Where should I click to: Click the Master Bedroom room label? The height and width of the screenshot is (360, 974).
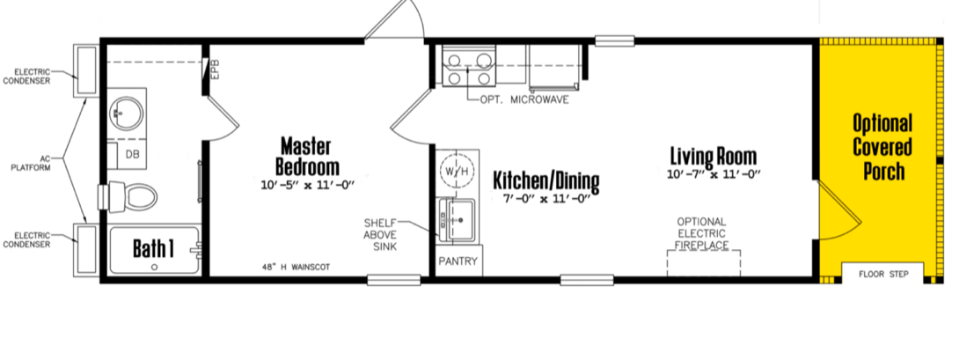click(307, 157)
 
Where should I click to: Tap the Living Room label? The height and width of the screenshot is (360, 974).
click(714, 156)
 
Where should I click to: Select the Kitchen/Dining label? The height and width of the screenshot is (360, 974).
click(546, 181)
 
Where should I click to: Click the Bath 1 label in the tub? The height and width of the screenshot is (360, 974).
click(153, 249)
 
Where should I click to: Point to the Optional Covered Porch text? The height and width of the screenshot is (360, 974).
click(882, 147)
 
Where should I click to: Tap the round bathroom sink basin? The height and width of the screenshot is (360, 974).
click(126, 114)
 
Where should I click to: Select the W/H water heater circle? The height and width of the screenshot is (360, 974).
click(458, 171)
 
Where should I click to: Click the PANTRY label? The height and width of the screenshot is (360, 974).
click(458, 261)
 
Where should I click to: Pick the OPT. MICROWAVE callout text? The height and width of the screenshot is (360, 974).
click(524, 99)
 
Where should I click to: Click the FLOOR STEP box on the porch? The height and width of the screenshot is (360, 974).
click(882, 274)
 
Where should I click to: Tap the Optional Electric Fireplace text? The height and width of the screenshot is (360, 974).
click(702, 233)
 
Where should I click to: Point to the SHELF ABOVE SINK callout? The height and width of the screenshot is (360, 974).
click(380, 234)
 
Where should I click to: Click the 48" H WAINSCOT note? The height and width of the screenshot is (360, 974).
click(296, 268)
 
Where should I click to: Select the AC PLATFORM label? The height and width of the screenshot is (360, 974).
click(31, 163)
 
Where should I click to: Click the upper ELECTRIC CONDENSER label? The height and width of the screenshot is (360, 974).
click(26, 76)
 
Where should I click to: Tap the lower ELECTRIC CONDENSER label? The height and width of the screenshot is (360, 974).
click(26, 239)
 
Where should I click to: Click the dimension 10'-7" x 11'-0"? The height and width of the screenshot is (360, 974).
click(714, 174)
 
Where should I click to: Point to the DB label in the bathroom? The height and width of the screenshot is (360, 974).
click(132, 154)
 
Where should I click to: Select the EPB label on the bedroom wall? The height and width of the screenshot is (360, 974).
click(216, 70)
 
